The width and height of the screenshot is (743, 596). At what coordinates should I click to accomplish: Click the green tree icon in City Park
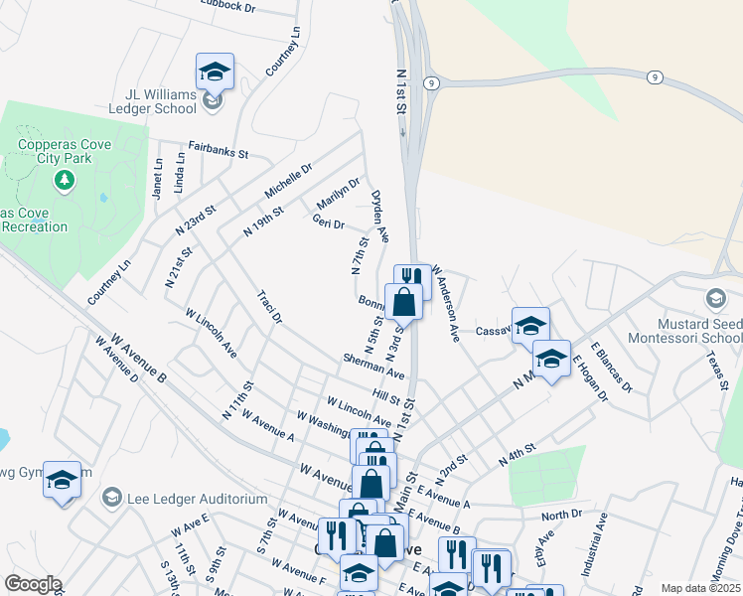(x=65, y=180)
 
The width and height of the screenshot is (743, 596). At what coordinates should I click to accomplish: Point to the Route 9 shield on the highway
(x=654, y=76)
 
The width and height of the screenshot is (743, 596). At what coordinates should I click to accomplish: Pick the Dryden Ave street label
(x=379, y=216)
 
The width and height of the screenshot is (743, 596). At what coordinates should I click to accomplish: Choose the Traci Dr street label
(x=269, y=307)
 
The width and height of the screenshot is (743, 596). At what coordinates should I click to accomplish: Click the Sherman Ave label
(x=373, y=366)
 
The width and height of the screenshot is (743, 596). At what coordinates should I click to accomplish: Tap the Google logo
(x=33, y=584)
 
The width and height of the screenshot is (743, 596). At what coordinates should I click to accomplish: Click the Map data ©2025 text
(x=699, y=588)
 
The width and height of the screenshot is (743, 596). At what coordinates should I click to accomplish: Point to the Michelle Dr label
(x=289, y=180)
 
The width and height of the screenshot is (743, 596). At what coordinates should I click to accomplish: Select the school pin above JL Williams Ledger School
(x=215, y=71)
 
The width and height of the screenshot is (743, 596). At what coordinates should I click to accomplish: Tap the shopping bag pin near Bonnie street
(x=403, y=300)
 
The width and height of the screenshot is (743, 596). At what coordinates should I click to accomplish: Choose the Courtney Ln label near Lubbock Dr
(x=283, y=51)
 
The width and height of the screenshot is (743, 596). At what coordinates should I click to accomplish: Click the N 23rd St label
(x=196, y=220)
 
